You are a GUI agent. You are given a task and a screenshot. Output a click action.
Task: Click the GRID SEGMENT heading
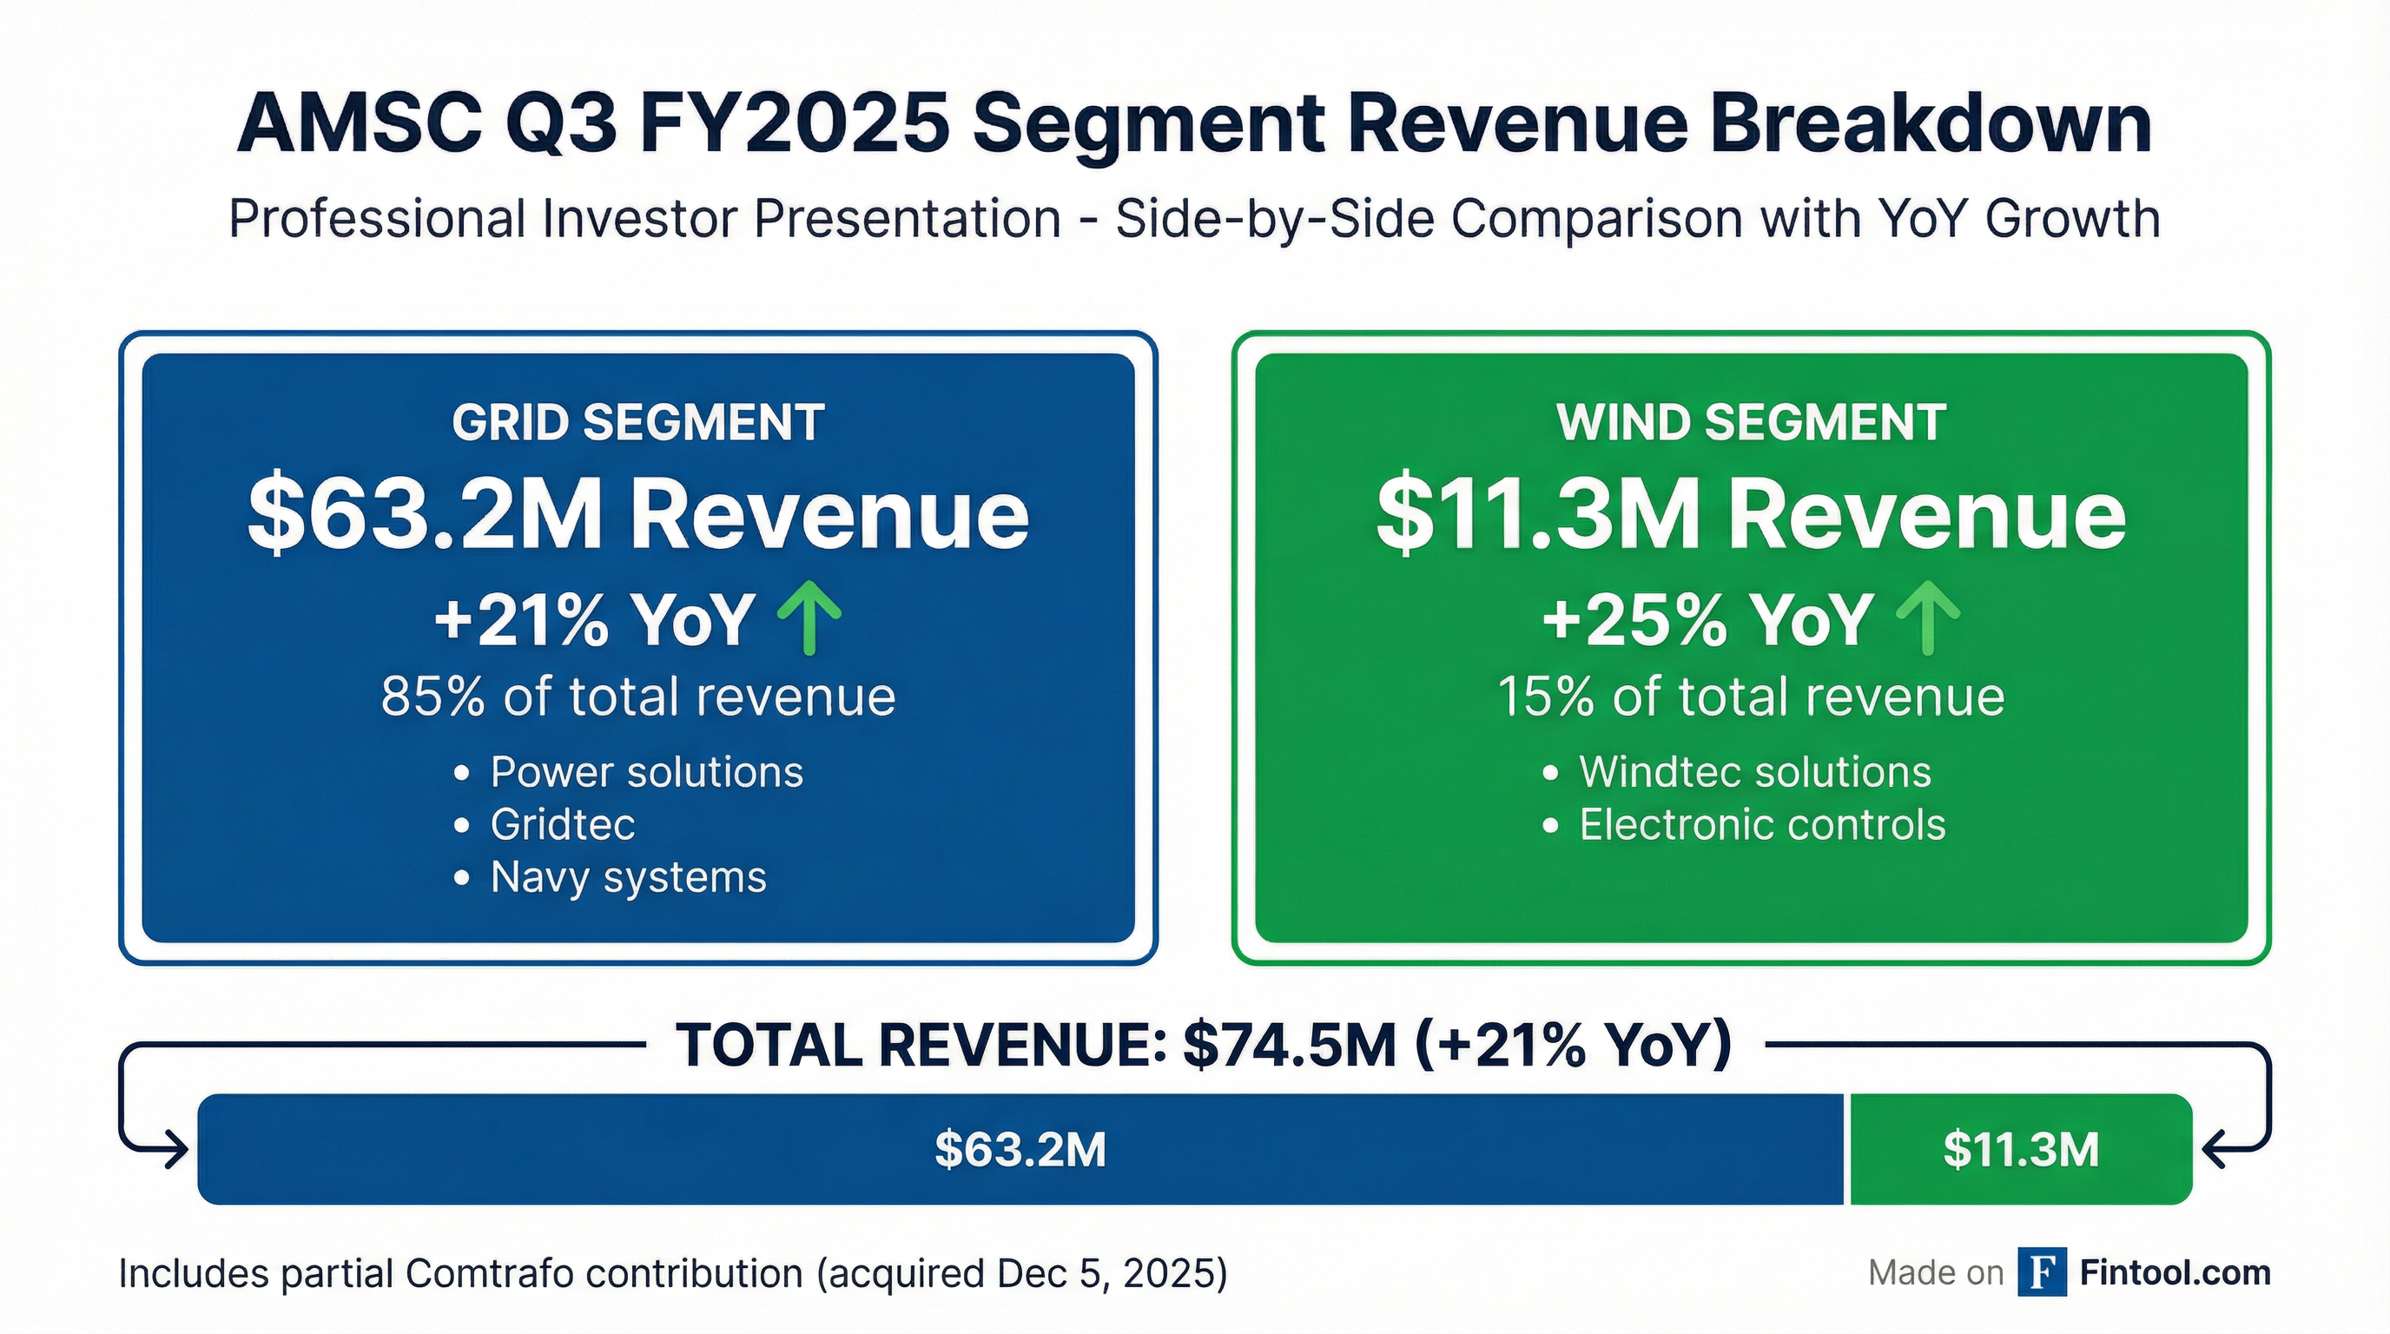(x=637, y=423)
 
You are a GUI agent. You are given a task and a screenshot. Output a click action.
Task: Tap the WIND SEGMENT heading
(x=1751, y=423)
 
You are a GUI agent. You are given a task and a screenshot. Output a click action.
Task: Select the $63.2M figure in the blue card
(x=425, y=516)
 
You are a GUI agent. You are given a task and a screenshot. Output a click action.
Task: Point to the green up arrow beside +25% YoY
(x=1928, y=617)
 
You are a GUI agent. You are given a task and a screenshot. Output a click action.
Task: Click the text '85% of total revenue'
(x=637, y=697)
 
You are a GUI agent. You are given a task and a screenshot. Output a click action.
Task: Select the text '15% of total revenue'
(x=1751, y=697)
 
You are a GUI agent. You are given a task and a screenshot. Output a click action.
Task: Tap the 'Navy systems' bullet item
(x=628, y=877)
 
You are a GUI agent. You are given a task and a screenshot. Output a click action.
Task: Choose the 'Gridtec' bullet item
(x=562, y=825)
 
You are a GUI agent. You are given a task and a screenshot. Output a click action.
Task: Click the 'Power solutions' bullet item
(x=646, y=772)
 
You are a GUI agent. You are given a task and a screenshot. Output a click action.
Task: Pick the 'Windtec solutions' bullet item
(x=1754, y=772)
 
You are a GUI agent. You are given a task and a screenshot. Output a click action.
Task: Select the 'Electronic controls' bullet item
(x=1762, y=825)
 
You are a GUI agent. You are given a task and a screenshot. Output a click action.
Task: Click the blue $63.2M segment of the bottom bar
(x=1020, y=1149)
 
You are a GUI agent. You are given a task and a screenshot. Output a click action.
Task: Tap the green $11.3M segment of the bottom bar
(x=2021, y=1149)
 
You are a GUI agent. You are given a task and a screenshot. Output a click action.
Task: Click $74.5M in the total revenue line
(x=1290, y=1046)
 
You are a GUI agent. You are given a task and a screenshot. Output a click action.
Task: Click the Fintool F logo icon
(x=2041, y=1273)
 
